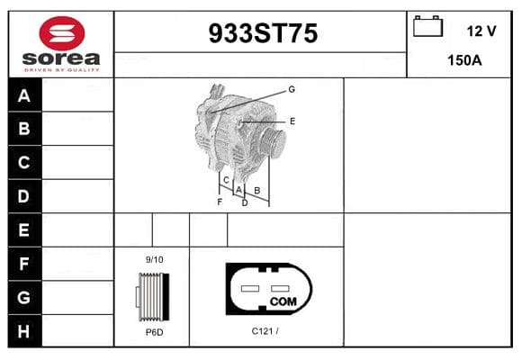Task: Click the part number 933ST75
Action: coord(263,33)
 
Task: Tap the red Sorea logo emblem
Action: coord(62,33)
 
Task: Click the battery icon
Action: coord(427,26)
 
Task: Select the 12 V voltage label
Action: coord(481,31)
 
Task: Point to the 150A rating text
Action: coord(464,60)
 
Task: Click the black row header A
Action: coord(24,95)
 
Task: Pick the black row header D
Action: coord(24,196)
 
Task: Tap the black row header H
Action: coord(24,331)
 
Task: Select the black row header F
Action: coord(24,264)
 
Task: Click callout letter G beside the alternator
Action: coord(292,89)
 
